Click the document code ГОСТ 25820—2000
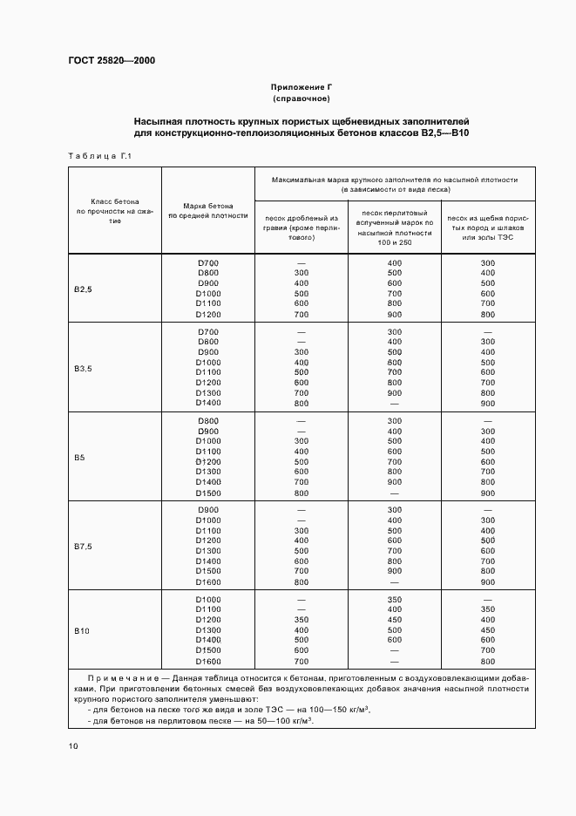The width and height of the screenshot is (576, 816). click(112, 60)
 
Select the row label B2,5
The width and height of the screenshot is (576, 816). click(84, 289)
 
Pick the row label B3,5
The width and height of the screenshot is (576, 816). click(84, 369)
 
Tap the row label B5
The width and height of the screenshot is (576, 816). click(79, 458)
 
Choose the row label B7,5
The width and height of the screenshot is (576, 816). click(84, 547)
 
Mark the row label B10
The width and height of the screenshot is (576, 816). click(81, 630)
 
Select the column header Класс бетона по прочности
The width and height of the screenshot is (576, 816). click(115, 210)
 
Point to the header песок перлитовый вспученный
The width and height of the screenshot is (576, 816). click(394, 227)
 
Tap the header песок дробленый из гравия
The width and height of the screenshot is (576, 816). click(301, 227)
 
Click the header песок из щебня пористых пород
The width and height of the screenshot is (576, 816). click(487, 227)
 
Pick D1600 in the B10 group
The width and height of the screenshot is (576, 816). click(208, 662)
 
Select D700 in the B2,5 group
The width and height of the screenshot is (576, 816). click(208, 263)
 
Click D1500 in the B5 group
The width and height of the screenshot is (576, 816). click(208, 493)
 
